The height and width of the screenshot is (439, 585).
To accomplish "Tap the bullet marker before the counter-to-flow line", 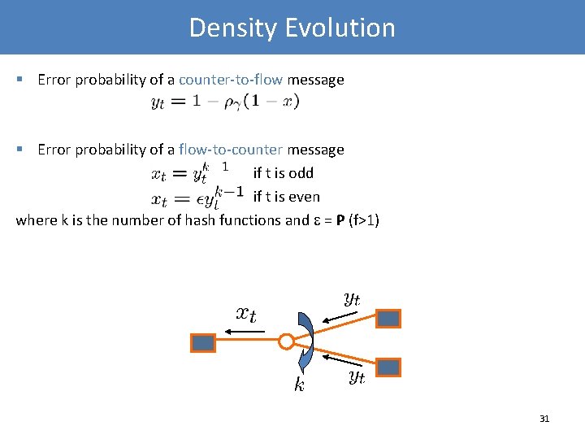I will tap(20, 80).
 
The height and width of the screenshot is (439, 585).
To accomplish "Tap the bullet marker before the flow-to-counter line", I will tap(20, 150).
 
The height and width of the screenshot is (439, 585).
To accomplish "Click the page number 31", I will tap(544, 419).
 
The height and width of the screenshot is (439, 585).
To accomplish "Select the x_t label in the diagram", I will tap(245, 314).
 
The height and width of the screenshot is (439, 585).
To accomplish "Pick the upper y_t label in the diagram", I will tap(352, 298).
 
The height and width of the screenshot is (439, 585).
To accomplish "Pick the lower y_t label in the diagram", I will tap(357, 376).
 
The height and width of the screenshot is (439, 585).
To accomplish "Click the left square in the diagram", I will tap(202, 343).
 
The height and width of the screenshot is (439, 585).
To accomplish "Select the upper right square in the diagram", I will tap(389, 318).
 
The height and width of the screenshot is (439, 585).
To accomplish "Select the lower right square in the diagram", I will tap(389, 367).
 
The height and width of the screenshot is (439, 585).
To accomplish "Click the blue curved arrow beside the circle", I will tap(306, 341).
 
